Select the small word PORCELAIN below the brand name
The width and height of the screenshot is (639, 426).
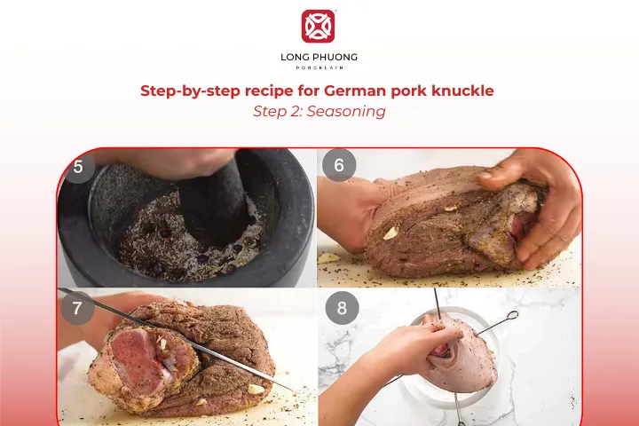coord(319,68)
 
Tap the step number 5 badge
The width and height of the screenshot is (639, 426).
coord(78,166)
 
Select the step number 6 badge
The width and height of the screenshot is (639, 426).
coord(339,166)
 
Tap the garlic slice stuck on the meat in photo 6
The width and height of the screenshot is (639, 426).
coord(390,233)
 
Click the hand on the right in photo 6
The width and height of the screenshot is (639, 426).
coord(532,200)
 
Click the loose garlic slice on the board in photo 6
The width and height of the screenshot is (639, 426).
coord(330,257)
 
